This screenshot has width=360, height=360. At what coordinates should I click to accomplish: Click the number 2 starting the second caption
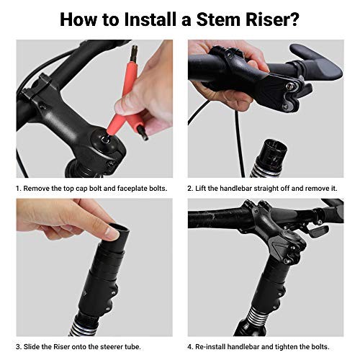(191, 188)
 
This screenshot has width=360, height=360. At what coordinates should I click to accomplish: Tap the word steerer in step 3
(114, 347)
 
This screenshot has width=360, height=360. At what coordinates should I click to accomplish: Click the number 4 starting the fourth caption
(191, 347)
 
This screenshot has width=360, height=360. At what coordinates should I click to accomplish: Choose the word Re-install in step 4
(213, 347)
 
